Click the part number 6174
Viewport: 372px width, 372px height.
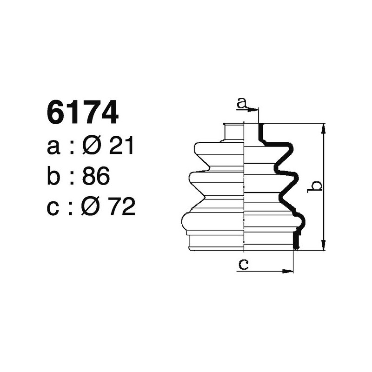pyautogui.click(x=82, y=113)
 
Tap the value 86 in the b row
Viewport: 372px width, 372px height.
pyautogui.click(x=95, y=177)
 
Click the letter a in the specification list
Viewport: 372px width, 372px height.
pyautogui.click(x=54, y=148)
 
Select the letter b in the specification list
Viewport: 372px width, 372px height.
pyautogui.click(x=54, y=177)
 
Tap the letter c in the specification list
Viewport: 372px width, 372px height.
pyautogui.click(x=54, y=207)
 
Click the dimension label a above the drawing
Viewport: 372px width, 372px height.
pyautogui.click(x=241, y=103)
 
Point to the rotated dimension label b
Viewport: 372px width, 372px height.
pyautogui.click(x=316, y=186)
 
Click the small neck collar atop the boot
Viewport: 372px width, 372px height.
pyautogui.click(x=234, y=132)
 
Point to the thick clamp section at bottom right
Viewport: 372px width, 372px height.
pyautogui.click(x=295, y=240)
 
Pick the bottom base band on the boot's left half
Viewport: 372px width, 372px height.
pyautogui.click(x=216, y=243)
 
